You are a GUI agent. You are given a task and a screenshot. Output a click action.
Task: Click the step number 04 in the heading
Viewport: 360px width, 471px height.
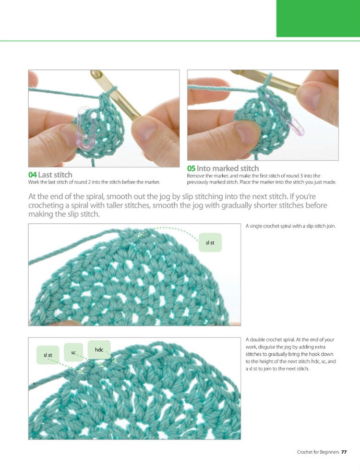(x=32, y=175)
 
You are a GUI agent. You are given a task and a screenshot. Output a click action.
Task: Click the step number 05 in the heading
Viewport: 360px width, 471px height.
(x=191, y=169)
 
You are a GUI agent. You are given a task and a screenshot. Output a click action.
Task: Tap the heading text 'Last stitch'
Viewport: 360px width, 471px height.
(x=55, y=175)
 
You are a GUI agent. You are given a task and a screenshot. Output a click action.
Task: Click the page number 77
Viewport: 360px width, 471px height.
(x=344, y=452)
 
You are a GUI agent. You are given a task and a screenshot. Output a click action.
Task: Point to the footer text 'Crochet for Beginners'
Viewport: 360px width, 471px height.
(x=317, y=452)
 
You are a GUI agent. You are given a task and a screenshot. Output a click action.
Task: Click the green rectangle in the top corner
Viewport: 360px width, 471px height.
(x=318, y=18)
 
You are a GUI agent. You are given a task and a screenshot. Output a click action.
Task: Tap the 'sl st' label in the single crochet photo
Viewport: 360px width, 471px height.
(x=210, y=243)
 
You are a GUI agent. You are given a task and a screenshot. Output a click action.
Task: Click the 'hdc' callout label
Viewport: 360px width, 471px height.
(x=99, y=349)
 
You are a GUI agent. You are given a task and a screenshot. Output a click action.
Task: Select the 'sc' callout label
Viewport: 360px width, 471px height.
(x=74, y=353)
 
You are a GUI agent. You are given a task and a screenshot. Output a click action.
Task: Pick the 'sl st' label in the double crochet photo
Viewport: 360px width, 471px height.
(x=48, y=355)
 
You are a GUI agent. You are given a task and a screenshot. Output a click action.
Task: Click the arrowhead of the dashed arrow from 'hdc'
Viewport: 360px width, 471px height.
(x=115, y=361)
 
